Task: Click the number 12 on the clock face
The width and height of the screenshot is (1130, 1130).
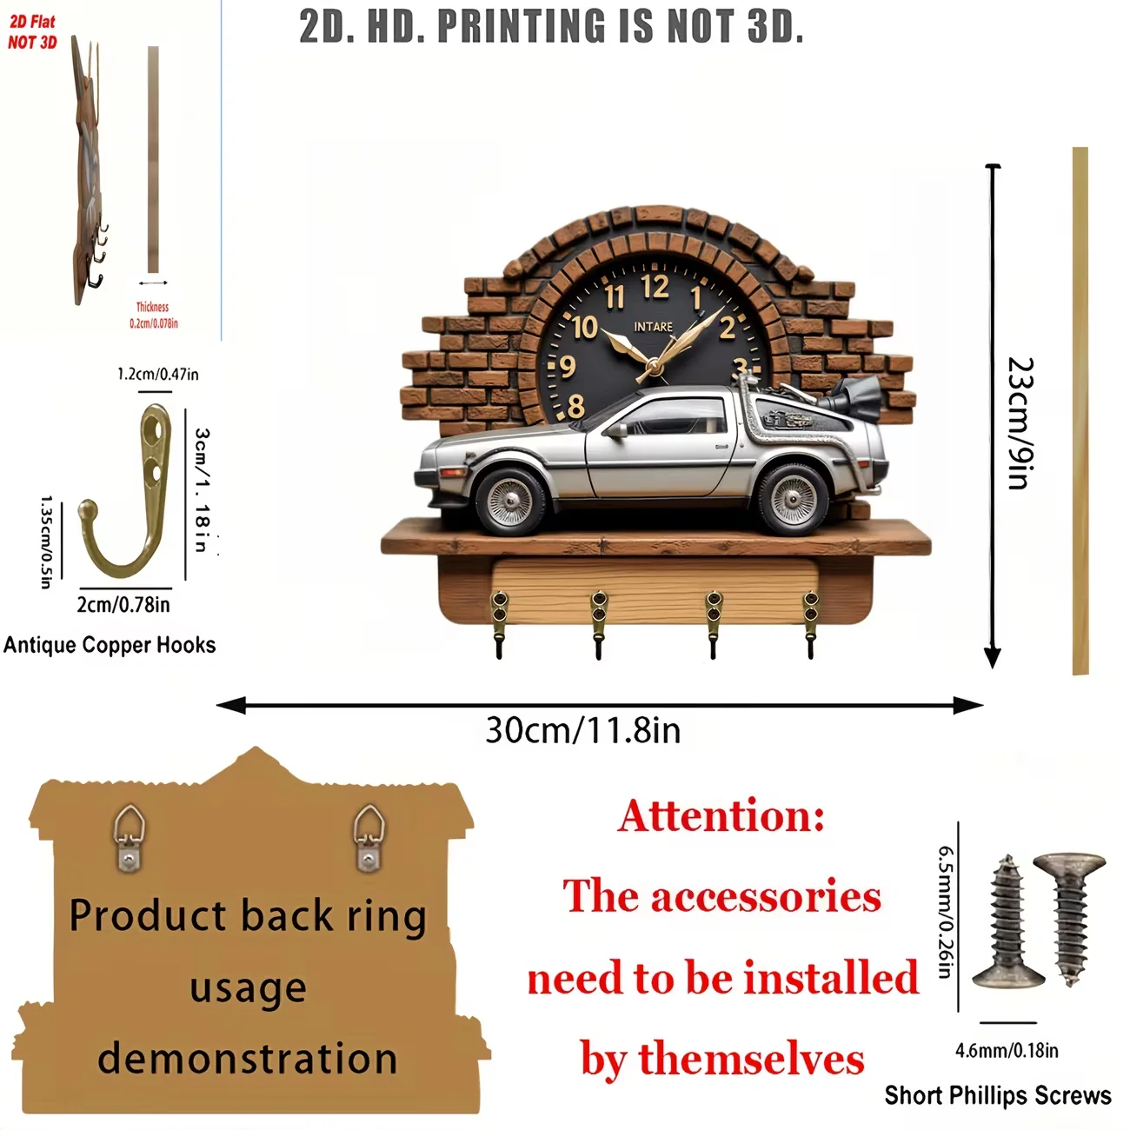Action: (x=655, y=287)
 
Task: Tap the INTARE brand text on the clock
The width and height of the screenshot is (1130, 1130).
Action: (x=654, y=327)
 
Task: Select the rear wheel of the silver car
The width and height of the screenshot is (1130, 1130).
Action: (x=792, y=498)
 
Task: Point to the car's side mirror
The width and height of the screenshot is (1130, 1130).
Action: (x=617, y=429)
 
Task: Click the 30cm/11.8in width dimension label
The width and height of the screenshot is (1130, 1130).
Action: (x=583, y=731)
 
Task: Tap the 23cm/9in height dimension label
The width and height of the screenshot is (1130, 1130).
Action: (x=1021, y=422)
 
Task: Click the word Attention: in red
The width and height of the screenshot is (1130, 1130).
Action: (x=721, y=815)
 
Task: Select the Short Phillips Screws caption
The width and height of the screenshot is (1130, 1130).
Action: (x=998, y=1095)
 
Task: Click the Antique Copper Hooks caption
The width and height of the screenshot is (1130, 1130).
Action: (x=110, y=645)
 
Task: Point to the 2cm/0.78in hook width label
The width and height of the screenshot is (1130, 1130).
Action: (x=123, y=605)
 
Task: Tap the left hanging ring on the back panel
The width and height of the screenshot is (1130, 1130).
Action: (x=129, y=837)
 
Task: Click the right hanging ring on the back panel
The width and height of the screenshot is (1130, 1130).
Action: (x=369, y=837)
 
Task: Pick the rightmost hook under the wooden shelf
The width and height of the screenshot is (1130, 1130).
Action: (x=811, y=624)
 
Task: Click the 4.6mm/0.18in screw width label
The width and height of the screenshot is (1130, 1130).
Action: (x=1007, y=1050)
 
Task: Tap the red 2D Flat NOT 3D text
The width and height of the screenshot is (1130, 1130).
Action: (x=32, y=32)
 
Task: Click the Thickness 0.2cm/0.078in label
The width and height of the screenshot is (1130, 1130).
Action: (x=154, y=315)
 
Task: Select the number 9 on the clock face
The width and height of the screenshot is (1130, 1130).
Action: (x=568, y=367)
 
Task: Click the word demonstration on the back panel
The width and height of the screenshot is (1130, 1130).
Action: (x=248, y=1059)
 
